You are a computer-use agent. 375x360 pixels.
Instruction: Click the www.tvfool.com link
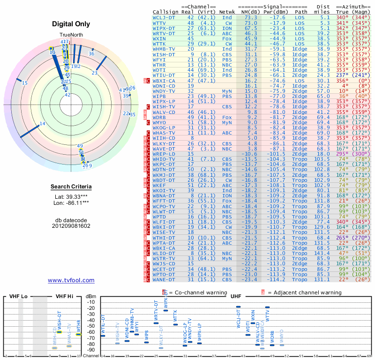coord(71,280)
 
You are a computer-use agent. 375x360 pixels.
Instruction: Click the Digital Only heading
coord(71,24)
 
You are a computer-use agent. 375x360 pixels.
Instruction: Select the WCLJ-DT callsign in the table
coord(164,17)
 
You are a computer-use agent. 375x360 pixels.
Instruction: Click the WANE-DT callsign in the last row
coord(164,280)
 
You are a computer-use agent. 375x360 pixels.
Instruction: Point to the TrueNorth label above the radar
coord(71,35)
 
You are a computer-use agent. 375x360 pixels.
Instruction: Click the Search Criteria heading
coord(71,187)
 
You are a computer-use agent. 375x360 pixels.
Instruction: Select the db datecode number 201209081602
coord(71,225)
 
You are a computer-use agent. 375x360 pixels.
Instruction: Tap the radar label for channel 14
coord(43,124)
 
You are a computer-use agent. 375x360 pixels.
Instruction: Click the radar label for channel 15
coord(25,83)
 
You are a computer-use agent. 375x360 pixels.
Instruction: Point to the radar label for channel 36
coord(91,53)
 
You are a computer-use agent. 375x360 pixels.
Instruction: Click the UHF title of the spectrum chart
coord(236,297)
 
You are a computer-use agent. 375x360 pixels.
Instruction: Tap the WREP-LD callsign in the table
coord(164,154)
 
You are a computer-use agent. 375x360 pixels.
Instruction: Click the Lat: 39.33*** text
coord(71,197)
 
